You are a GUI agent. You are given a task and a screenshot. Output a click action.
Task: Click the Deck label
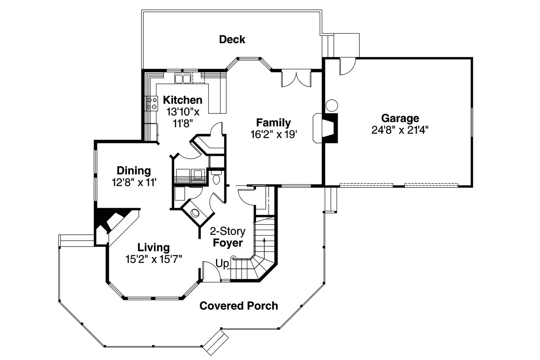232,40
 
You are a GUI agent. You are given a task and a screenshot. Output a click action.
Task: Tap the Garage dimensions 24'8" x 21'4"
400,130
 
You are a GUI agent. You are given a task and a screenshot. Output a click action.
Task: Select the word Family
273,123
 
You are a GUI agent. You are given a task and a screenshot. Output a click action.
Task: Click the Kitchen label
183,100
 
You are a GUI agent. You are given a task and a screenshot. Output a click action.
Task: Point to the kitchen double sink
182,78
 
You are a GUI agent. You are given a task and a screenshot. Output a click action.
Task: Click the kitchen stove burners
150,103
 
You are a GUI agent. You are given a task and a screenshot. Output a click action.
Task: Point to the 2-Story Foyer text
228,238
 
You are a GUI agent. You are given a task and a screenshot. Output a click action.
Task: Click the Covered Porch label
239,306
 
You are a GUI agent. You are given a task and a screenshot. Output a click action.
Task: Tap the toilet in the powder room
216,178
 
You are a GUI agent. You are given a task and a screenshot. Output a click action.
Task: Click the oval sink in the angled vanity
195,213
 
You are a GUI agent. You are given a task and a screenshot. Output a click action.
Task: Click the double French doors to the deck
296,79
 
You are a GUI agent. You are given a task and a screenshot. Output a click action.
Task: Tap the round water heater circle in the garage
332,105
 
